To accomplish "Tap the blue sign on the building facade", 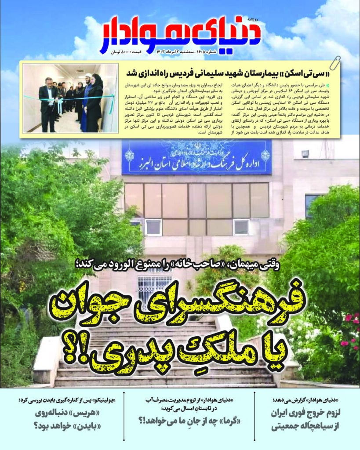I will tap(196, 157).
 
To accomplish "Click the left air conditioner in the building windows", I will tap(153, 227).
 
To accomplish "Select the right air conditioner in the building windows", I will tap(241, 227).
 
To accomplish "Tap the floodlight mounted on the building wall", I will tap(305, 153).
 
